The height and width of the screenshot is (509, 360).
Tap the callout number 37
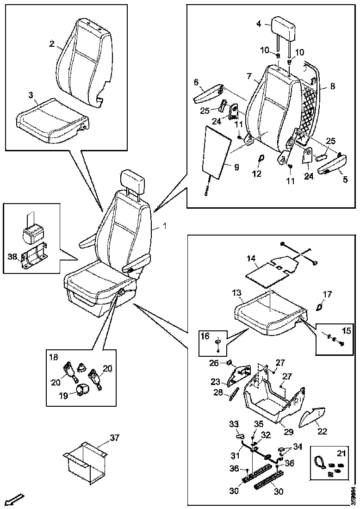[114, 437]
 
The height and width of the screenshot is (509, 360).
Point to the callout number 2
[52, 44]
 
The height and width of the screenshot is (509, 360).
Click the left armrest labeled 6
[207, 94]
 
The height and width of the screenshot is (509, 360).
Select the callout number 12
[257, 174]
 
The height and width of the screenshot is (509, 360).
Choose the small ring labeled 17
[319, 306]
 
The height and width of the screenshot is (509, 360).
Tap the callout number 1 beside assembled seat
[161, 227]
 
